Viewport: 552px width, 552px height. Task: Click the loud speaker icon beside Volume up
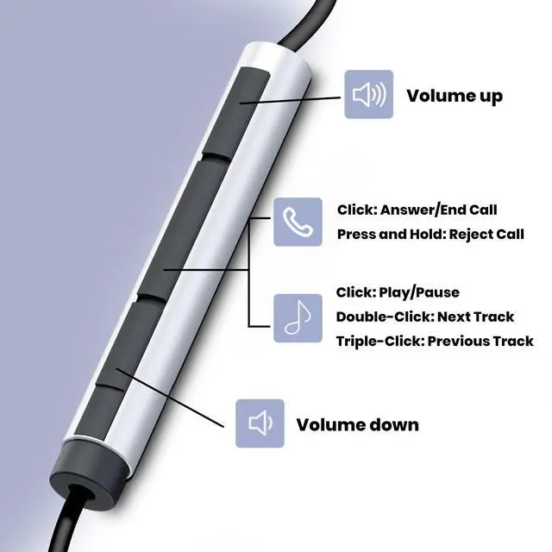pyautogui.click(x=368, y=95)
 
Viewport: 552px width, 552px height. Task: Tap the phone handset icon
pyautogui.click(x=298, y=222)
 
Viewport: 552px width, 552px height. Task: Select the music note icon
pyautogui.click(x=298, y=317)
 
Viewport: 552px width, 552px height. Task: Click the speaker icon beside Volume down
pyautogui.click(x=260, y=423)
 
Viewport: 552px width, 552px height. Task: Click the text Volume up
pyautogui.click(x=454, y=96)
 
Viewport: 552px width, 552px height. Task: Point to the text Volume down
pyautogui.click(x=357, y=424)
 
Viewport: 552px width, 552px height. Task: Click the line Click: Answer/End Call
pyautogui.click(x=417, y=210)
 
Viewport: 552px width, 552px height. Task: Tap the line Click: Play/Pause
pyautogui.click(x=398, y=292)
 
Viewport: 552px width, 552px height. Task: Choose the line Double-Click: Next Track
pyautogui.click(x=425, y=317)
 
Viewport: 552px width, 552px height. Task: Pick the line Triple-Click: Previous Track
pyautogui.click(x=435, y=341)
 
